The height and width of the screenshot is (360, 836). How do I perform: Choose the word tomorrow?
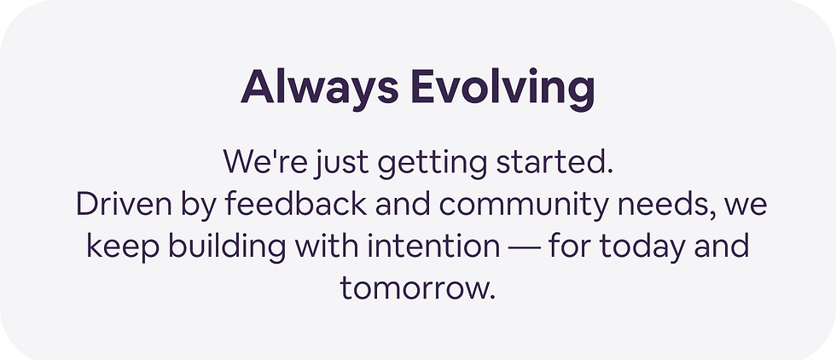point(417,287)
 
